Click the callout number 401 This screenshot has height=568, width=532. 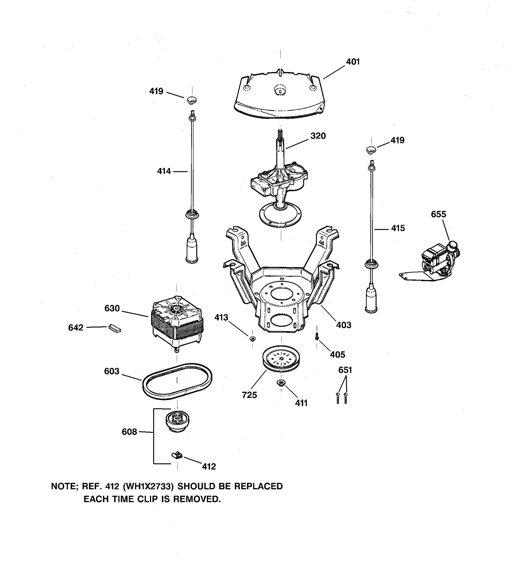coord(353,62)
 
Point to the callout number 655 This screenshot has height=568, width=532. coord(438,214)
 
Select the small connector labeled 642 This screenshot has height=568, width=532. coord(114,329)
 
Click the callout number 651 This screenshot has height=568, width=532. coord(345,370)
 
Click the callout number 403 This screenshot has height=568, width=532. coord(344,325)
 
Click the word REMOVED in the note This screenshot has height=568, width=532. coord(197,499)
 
